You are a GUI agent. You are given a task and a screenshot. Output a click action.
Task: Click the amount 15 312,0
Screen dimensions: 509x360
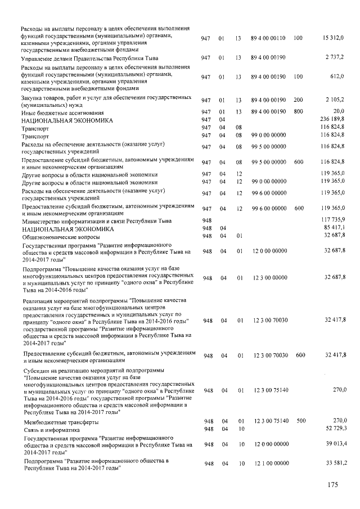334,38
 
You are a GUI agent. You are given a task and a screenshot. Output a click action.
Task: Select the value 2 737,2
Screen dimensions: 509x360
336,58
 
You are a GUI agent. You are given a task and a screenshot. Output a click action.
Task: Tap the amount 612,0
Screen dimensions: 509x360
337,76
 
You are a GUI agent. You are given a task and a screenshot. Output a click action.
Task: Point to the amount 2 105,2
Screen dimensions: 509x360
336,100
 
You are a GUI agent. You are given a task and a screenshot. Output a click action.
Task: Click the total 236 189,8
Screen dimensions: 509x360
334,120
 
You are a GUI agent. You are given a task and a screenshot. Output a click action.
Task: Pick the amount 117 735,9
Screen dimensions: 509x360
334,219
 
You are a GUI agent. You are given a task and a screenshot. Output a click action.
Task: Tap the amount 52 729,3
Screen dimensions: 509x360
335,429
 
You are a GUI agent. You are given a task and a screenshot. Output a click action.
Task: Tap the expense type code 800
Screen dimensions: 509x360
298,111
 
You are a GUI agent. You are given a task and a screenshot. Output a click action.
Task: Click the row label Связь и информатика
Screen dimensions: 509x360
48,429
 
